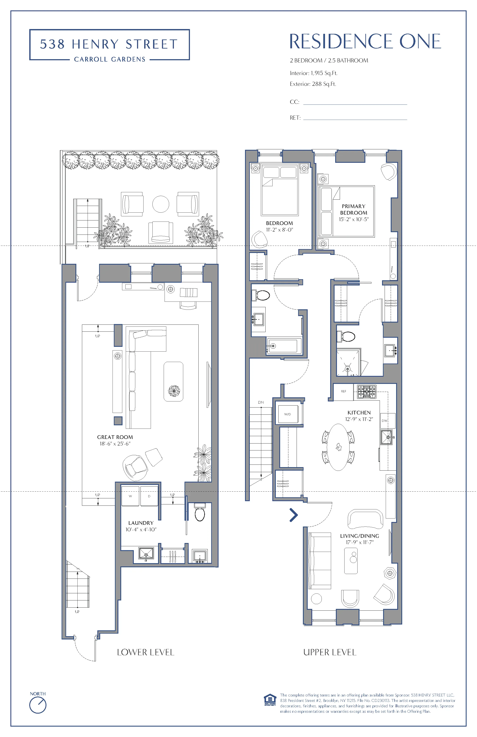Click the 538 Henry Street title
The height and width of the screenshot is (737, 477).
(x=109, y=44)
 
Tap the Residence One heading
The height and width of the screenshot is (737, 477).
(x=365, y=42)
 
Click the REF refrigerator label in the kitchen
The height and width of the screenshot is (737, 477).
(x=343, y=391)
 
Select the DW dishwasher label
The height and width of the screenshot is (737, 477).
(x=384, y=421)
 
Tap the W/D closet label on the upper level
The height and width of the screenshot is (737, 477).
(x=288, y=414)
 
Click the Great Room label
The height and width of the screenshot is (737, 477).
(x=115, y=437)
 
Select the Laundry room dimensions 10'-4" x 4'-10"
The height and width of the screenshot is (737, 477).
(x=141, y=530)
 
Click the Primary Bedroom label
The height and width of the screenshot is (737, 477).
(x=354, y=209)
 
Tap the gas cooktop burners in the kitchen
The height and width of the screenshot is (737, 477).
(x=367, y=392)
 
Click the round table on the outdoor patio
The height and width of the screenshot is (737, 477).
(x=161, y=204)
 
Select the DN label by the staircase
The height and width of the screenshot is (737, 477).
(x=261, y=402)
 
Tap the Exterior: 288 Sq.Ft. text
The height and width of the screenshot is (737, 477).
(x=313, y=84)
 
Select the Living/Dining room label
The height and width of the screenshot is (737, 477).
(x=359, y=536)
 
